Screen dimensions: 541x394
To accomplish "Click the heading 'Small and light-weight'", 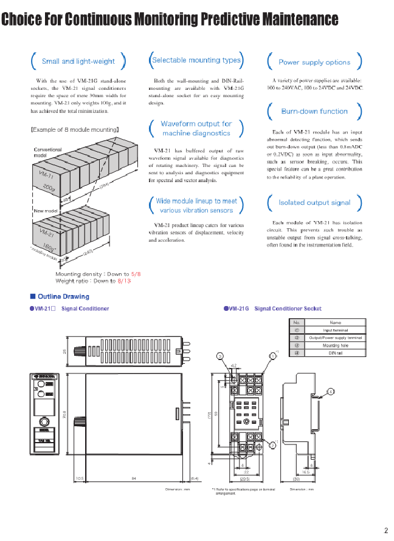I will coord(78,61).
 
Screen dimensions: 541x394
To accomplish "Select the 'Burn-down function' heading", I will coord(314,112).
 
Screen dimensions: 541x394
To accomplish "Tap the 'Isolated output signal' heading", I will coord(314,203).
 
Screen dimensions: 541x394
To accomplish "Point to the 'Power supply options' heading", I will coord(314,62).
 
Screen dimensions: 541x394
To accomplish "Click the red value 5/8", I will coord(136,274).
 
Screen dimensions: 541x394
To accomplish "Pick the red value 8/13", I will coord(124,281).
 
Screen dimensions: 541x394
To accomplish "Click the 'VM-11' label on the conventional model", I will coord(46,177).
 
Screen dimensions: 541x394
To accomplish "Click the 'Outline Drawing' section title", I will coord(63,297).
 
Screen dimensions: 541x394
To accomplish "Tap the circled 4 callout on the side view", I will coord(330,392).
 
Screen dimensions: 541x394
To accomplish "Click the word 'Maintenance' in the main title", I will coord(300,20).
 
